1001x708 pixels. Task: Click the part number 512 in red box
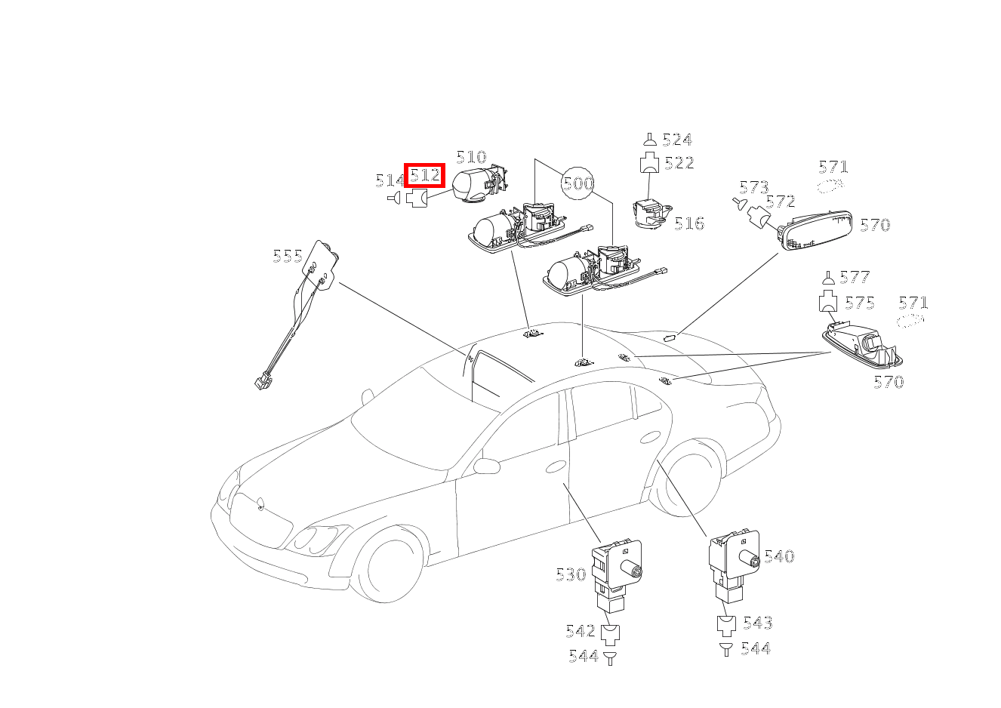[x=424, y=176]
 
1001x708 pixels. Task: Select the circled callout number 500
[x=578, y=183]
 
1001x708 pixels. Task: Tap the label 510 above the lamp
[x=471, y=157]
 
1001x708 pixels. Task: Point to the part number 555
[x=288, y=257]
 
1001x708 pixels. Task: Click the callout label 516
[x=689, y=223]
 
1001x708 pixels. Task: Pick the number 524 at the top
[x=677, y=140]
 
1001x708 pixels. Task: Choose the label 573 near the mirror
[x=753, y=187]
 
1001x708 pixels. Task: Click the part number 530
[x=571, y=574]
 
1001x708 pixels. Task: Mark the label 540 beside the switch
[x=779, y=557]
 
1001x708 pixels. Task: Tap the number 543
[x=757, y=623]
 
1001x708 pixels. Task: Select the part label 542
[x=581, y=631]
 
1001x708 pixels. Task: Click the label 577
[x=855, y=277]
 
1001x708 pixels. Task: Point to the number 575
[x=860, y=303]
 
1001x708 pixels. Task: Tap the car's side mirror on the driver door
[x=487, y=465]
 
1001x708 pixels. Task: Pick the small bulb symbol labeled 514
[x=393, y=198]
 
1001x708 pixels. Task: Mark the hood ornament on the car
[x=260, y=503]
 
